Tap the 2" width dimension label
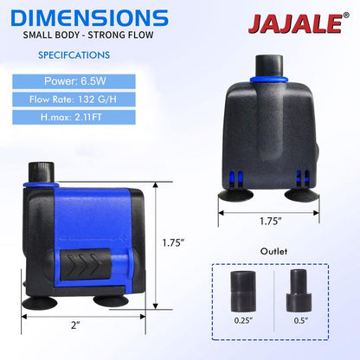(x=76, y=325)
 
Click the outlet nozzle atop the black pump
(x=269, y=64)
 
